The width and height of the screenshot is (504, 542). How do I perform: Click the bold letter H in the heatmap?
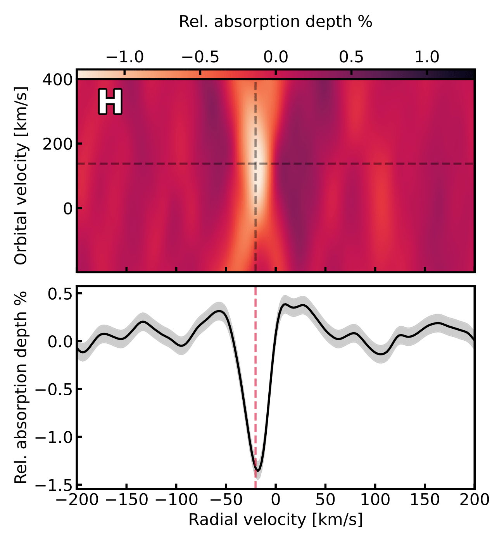point(110,102)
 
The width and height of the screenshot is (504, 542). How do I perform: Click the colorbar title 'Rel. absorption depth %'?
point(276,22)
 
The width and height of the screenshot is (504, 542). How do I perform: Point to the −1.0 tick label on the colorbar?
point(124,57)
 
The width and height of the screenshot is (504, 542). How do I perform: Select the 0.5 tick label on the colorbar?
point(351,57)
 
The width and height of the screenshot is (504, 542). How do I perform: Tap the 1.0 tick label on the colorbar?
point(427,57)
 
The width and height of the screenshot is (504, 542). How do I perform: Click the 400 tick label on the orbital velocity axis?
point(57,80)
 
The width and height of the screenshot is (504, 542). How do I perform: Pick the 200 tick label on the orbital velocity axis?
point(57,144)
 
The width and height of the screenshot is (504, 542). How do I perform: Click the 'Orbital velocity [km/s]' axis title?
point(22,175)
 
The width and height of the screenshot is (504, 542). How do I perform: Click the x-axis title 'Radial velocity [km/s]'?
point(276,520)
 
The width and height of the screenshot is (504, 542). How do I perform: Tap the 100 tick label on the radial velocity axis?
point(375,500)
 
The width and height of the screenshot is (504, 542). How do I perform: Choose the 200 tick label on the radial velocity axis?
point(475,500)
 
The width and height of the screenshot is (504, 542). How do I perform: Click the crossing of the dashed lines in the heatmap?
point(255,164)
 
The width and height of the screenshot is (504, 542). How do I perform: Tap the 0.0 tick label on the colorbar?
point(276,57)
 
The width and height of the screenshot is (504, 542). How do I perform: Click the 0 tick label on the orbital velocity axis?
point(68,208)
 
